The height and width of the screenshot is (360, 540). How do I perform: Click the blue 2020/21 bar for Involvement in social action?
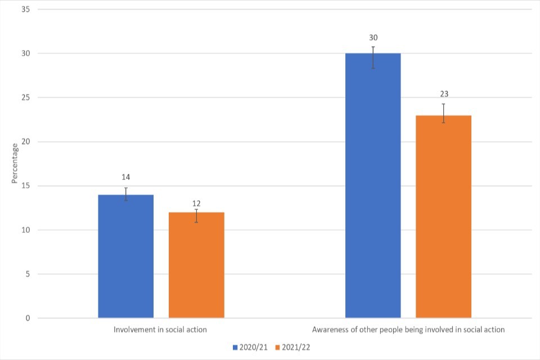(125, 256)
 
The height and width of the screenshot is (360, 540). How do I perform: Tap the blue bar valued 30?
(373, 186)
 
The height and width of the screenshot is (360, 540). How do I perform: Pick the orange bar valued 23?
(443, 217)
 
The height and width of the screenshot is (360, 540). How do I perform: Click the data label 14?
(126, 177)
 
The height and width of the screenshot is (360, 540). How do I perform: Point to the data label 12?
(196, 203)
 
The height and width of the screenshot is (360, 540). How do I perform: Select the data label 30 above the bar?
(373, 37)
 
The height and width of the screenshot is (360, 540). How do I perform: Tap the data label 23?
(444, 94)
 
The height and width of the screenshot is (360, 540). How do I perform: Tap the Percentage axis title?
(15, 164)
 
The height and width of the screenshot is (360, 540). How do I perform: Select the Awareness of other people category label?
(408, 330)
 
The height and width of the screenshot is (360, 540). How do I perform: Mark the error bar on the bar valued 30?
(373, 57)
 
